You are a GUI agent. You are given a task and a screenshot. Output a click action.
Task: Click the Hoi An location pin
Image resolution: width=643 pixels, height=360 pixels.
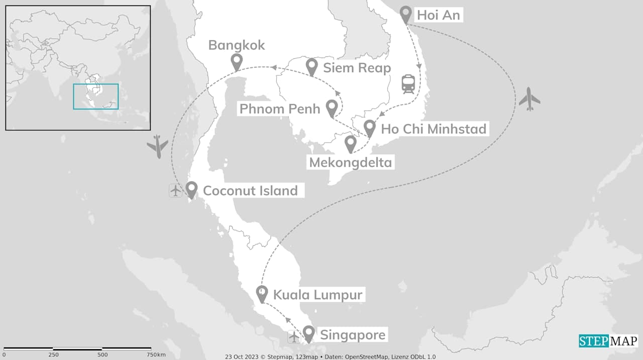click(x=406, y=15)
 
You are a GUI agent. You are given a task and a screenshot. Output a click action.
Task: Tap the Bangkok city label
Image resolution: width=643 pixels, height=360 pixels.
click(x=237, y=46)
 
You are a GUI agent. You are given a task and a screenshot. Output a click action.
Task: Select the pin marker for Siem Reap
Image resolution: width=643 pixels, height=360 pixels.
click(x=312, y=66)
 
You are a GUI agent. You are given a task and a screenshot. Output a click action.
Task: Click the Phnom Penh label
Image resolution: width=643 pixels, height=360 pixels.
click(x=280, y=109)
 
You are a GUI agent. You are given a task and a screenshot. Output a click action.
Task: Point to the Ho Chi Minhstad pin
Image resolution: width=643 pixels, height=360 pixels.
click(x=370, y=128)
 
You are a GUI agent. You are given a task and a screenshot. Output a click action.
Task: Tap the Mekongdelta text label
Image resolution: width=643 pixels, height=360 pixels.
click(x=350, y=163)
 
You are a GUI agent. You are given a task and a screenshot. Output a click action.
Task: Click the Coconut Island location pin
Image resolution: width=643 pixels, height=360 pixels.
click(x=191, y=189)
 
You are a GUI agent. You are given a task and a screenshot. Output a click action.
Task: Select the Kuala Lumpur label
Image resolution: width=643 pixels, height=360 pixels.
click(x=317, y=295)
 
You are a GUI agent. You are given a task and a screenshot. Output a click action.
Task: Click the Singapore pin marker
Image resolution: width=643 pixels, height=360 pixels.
click(x=308, y=333)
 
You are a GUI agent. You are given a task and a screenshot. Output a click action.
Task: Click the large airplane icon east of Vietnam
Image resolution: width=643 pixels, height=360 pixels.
click(x=529, y=99)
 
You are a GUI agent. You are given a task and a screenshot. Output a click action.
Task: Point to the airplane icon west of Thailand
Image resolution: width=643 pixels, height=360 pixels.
click(x=158, y=146)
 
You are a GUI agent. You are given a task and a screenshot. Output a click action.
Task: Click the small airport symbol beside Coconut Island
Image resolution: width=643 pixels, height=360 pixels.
click(x=175, y=191)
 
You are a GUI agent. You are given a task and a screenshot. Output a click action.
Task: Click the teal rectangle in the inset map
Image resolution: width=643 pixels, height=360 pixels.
click(x=95, y=96)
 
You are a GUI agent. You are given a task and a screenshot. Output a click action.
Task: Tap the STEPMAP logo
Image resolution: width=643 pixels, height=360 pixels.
click(x=608, y=341)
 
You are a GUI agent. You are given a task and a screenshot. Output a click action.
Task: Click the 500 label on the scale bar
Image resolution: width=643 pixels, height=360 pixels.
click(x=102, y=355)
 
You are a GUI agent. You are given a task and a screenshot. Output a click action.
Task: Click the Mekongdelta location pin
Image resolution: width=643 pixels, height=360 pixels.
click(x=351, y=144)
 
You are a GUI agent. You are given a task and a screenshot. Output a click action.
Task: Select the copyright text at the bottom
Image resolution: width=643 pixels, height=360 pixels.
click(x=330, y=356)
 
